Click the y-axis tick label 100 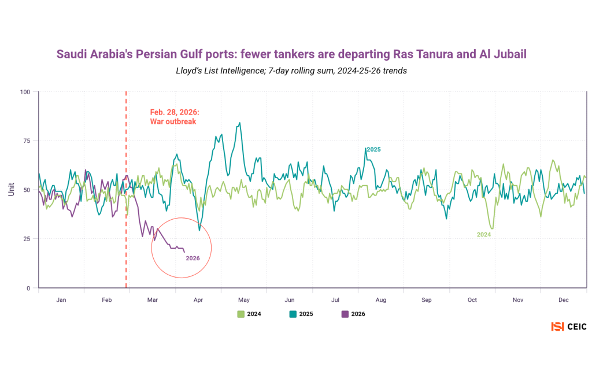click(24, 92)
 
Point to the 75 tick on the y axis click(26, 141)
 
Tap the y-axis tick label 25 click(26, 238)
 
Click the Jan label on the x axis click(61, 300)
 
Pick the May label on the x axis click(243, 300)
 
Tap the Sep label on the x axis click(426, 300)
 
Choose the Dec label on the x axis click(564, 300)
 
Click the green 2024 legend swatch click(241, 314)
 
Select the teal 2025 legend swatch click(293, 314)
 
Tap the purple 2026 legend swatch click(345, 314)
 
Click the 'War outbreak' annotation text click(173, 122)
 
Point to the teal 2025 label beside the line click(373, 149)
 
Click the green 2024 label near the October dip click(484, 235)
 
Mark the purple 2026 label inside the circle click(193, 258)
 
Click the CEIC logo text click(576, 327)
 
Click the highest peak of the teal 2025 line click(239, 123)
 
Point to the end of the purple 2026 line click(184, 252)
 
